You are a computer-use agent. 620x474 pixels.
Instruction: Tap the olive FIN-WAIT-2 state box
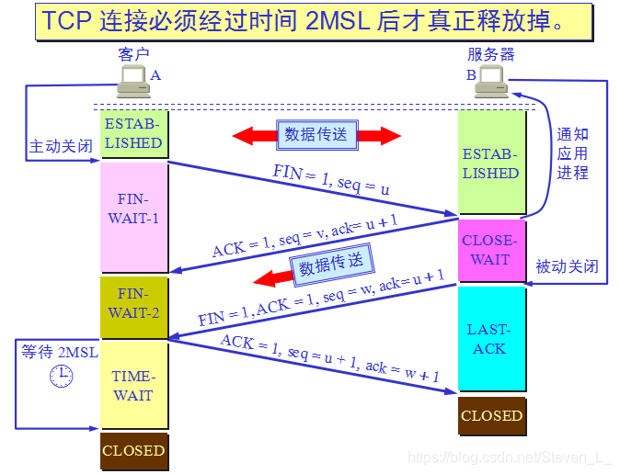point(133,303)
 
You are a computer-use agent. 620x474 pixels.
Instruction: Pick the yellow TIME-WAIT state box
point(133,386)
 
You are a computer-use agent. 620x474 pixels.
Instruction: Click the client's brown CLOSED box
point(133,450)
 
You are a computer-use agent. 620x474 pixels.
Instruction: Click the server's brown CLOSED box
point(492,415)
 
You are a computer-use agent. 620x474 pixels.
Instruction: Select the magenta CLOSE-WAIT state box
point(492,250)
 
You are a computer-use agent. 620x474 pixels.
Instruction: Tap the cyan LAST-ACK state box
point(492,339)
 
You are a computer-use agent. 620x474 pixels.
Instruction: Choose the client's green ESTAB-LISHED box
point(133,134)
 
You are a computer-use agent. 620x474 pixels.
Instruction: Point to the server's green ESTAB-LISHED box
point(492,164)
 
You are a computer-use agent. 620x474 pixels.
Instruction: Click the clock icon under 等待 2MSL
point(61,375)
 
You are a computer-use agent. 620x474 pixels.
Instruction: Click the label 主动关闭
point(61,146)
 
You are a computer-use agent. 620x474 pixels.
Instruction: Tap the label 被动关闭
point(567,267)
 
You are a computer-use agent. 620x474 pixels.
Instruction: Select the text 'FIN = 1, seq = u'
point(330,179)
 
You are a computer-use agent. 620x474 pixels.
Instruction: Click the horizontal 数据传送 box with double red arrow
point(316,135)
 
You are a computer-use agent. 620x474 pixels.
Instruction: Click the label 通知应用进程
point(571,153)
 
